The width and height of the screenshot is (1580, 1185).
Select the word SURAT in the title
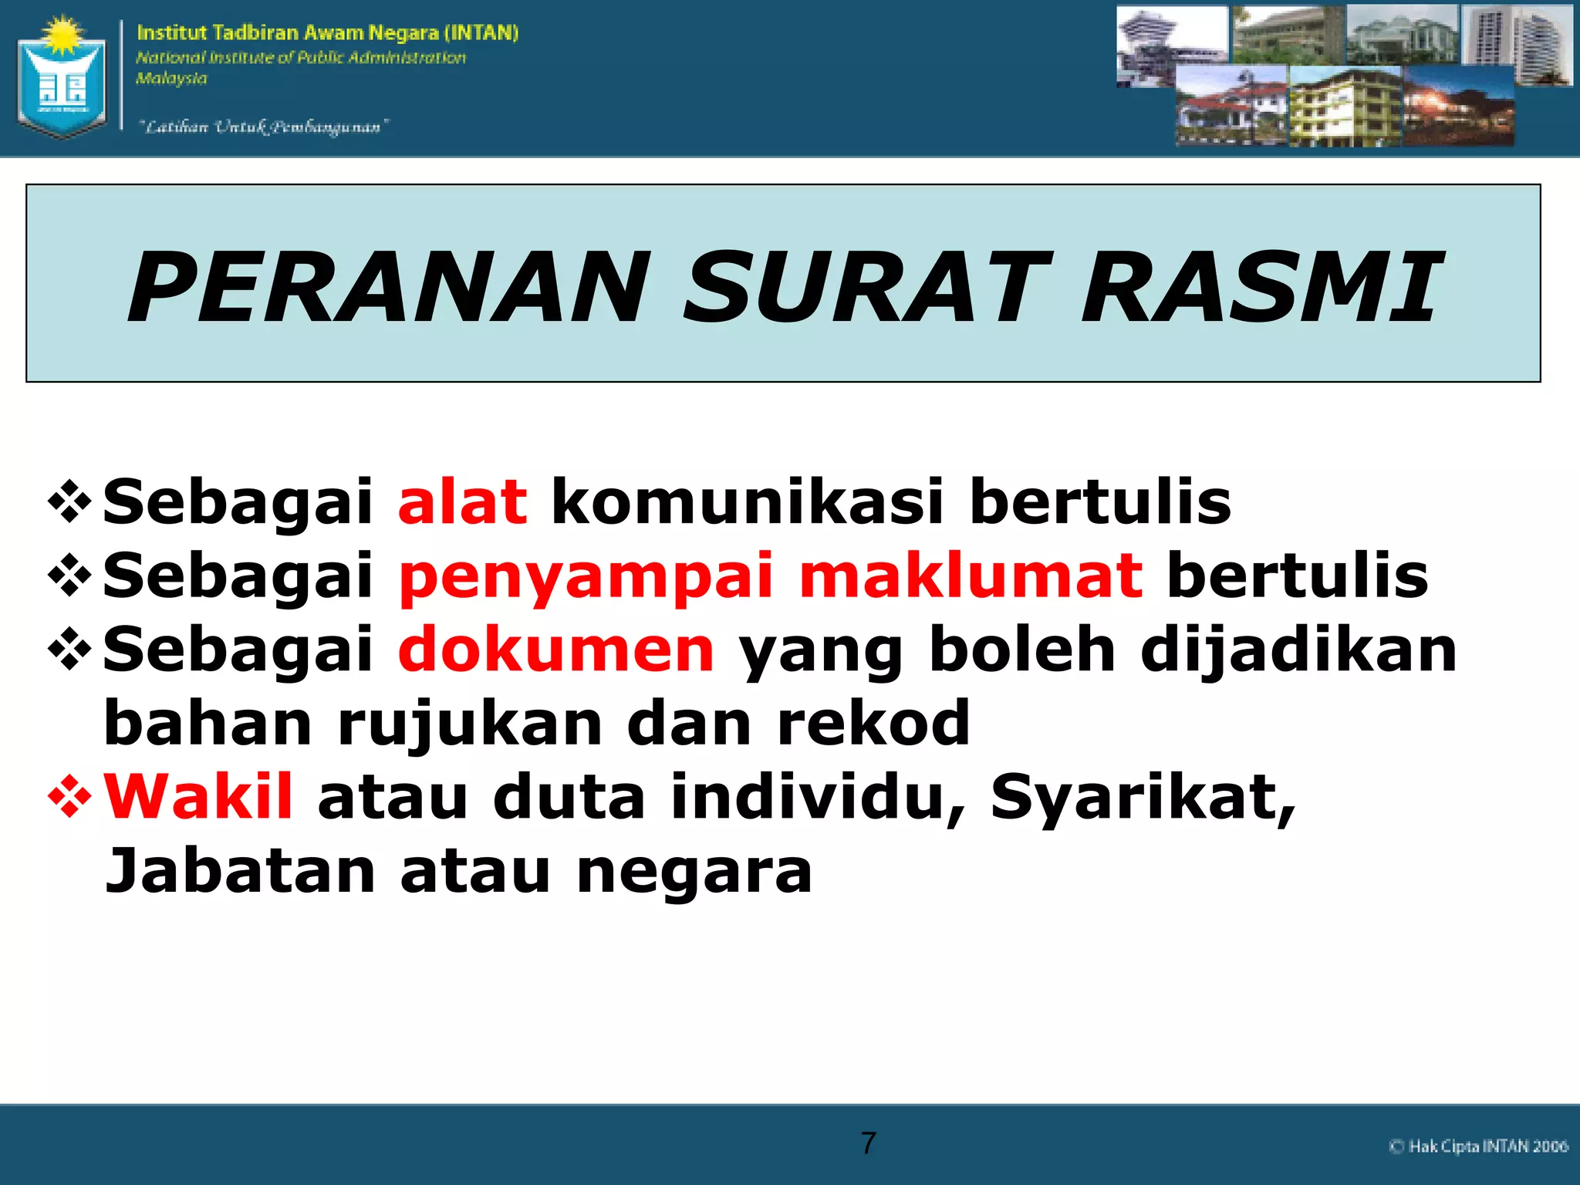pyautogui.click(x=866, y=288)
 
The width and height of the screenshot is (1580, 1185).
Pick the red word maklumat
pyautogui.click(x=971, y=576)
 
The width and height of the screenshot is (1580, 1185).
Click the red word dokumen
pyautogui.click(x=556, y=650)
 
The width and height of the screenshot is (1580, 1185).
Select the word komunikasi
pyautogui.click(x=748, y=502)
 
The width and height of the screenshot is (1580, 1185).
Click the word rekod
pyautogui.click(x=873, y=724)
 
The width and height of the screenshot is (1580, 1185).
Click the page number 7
pyautogui.click(x=869, y=1143)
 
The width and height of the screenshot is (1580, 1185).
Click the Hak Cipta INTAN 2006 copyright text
pyautogui.click(x=1478, y=1146)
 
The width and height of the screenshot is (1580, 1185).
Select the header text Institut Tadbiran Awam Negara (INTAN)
pyautogui.click(x=328, y=32)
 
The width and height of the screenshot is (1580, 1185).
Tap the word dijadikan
pyautogui.click(x=1298, y=650)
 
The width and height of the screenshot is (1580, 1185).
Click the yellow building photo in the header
pyautogui.click(x=1345, y=106)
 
